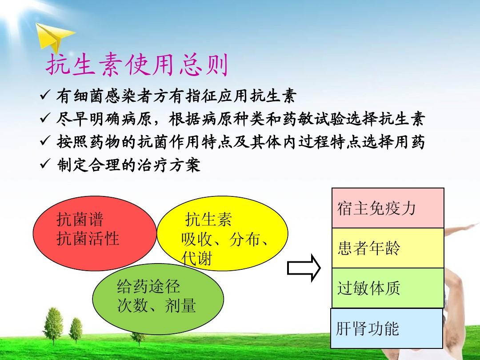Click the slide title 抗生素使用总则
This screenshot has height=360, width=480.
click(x=137, y=65)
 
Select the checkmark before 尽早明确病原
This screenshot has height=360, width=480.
click(x=45, y=118)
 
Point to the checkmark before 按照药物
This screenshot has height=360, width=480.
click(x=45, y=141)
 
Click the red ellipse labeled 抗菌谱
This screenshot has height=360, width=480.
click(x=95, y=233)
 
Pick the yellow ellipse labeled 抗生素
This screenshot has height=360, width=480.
click(x=222, y=233)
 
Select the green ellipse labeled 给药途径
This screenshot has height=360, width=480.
click(x=158, y=299)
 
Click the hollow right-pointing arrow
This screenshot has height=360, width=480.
click(x=304, y=268)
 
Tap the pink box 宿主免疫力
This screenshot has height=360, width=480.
click(x=388, y=208)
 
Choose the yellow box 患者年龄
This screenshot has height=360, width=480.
click(x=388, y=248)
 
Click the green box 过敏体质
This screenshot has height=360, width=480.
click(x=388, y=288)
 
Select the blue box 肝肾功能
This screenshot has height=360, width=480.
click(x=387, y=328)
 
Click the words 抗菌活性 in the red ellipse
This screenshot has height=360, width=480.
click(x=88, y=239)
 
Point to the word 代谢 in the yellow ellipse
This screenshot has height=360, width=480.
click(x=196, y=258)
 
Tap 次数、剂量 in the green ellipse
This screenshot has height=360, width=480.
click(x=156, y=305)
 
